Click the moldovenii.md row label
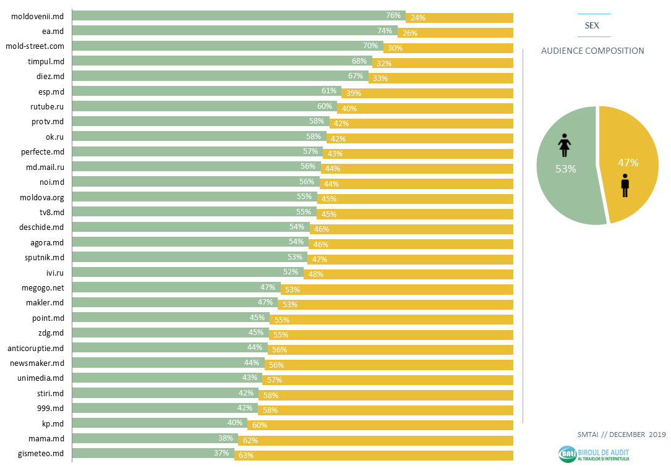38,16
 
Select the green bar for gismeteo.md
153,453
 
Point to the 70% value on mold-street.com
370,46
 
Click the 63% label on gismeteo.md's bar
246,456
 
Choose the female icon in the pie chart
564,146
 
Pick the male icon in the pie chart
625,185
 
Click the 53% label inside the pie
565,169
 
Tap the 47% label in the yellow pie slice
628,163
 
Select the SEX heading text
592,26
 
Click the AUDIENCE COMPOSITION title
592,51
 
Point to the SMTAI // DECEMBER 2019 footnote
621,435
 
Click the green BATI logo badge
566,454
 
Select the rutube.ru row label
47,106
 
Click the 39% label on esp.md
353,93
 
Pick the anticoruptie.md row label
36,348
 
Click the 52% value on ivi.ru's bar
291,272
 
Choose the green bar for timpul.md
221,61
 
